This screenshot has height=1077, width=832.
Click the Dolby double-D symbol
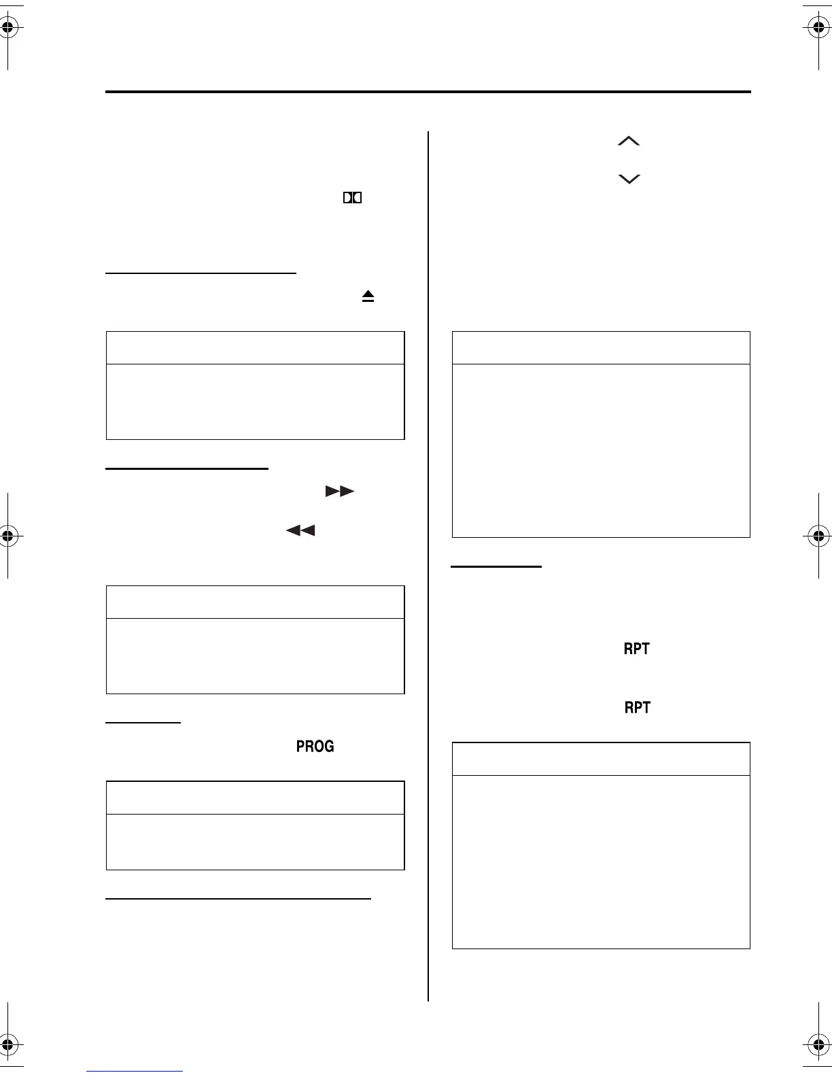pyautogui.click(x=352, y=198)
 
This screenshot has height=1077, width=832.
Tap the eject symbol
pyautogui.click(x=368, y=296)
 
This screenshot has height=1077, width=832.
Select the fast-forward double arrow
pyautogui.click(x=340, y=491)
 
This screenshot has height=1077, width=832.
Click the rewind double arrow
pyautogui.click(x=300, y=530)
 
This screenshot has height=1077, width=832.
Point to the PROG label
pyautogui.click(x=315, y=746)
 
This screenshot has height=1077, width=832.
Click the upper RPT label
pyautogui.click(x=637, y=649)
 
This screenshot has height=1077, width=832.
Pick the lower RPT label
pyautogui.click(x=637, y=708)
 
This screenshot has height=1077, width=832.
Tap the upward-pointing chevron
pyautogui.click(x=629, y=141)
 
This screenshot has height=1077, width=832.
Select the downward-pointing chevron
pyautogui.click(x=629, y=179)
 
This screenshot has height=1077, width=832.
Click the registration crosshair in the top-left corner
pyautogui.click(x=7, y=29)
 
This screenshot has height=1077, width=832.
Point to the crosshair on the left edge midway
pyautogui.click(x=7, y=535)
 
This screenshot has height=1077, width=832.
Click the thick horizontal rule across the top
pyautogui.click(x=428, y=92)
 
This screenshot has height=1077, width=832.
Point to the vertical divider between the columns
pyautogui.click(x=428, y=564)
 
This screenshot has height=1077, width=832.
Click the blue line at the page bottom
pyautogui.click(x=135, y=1071)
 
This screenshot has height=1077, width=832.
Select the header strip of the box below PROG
pyautogui.click(x=255, y=798)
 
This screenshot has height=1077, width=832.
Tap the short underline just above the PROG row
pyautogui.click(x=143, y=722)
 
